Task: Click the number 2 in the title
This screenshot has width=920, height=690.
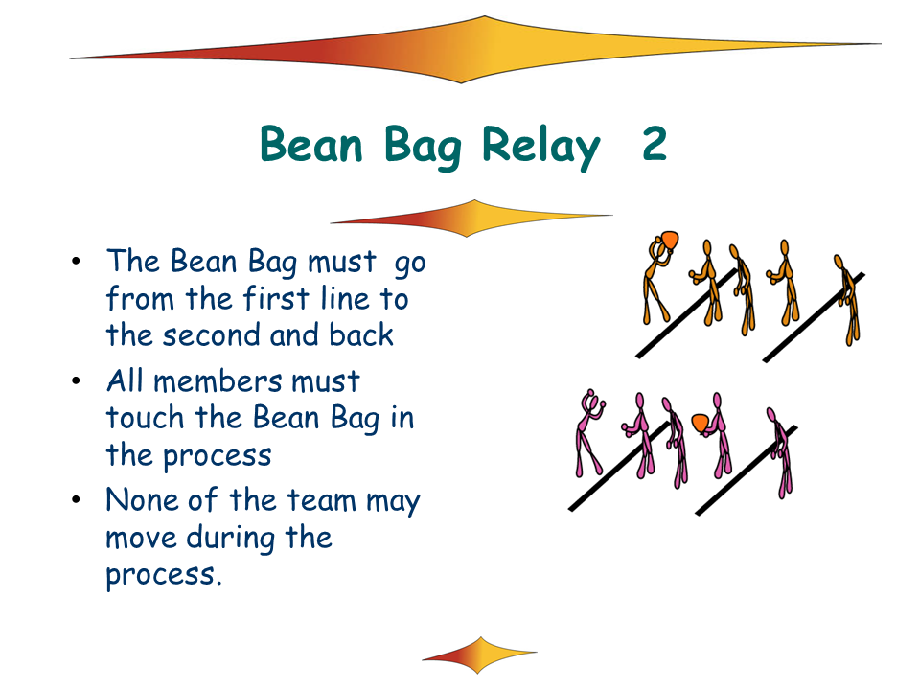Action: pos(655,144)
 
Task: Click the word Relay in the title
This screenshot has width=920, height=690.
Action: pos(540,147)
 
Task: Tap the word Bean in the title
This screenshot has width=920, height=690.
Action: pos(311,144)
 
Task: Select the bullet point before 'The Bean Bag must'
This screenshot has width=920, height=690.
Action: pos(76,261)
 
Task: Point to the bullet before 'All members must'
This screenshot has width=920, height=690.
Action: pos(76,381)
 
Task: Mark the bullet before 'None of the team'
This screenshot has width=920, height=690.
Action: pos(76,500)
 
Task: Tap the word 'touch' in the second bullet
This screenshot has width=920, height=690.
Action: pos(145,418)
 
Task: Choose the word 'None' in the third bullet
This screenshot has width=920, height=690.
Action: pos(142,500)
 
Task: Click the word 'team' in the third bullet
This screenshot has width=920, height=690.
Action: pos(321,501)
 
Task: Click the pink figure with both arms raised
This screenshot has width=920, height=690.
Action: pos(589,433)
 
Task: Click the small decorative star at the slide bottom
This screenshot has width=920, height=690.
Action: pos(479,655)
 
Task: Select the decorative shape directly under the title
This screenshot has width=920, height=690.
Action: pos(471,218)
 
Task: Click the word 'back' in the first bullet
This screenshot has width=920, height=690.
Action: pos(361,334)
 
